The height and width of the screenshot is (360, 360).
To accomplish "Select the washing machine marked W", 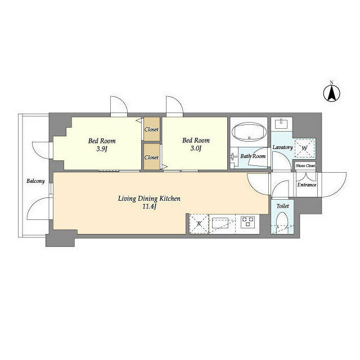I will pyautogui.click(x=304, y=148).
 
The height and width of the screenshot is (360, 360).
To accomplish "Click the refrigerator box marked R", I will pyautogui.click(x=199, y=223).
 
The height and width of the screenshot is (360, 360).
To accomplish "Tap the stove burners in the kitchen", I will pyautogui.click(x=247, y=222).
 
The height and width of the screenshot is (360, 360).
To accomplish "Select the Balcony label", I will pyautogui.click(x=35, y=182).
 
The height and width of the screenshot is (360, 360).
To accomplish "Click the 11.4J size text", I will pyautogui.click(x=149, y=208).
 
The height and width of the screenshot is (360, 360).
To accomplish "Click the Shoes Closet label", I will pyautogui.click(x=305, y=166).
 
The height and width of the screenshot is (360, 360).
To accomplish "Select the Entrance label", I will pyautogui.click(x=306, y=185).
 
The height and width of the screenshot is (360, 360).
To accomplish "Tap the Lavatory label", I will pyautogui.click(x=282, y=147).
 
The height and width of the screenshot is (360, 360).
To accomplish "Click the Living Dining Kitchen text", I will pyautogui.click(x=149, y=198).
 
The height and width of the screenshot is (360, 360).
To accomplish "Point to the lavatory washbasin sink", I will pyautogui.click(x=281, y=124).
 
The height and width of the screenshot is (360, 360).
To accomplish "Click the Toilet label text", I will pyautogui.click(x=282, y=206).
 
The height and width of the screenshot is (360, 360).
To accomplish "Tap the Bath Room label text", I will pyautogui.click(x=253, y=156).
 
